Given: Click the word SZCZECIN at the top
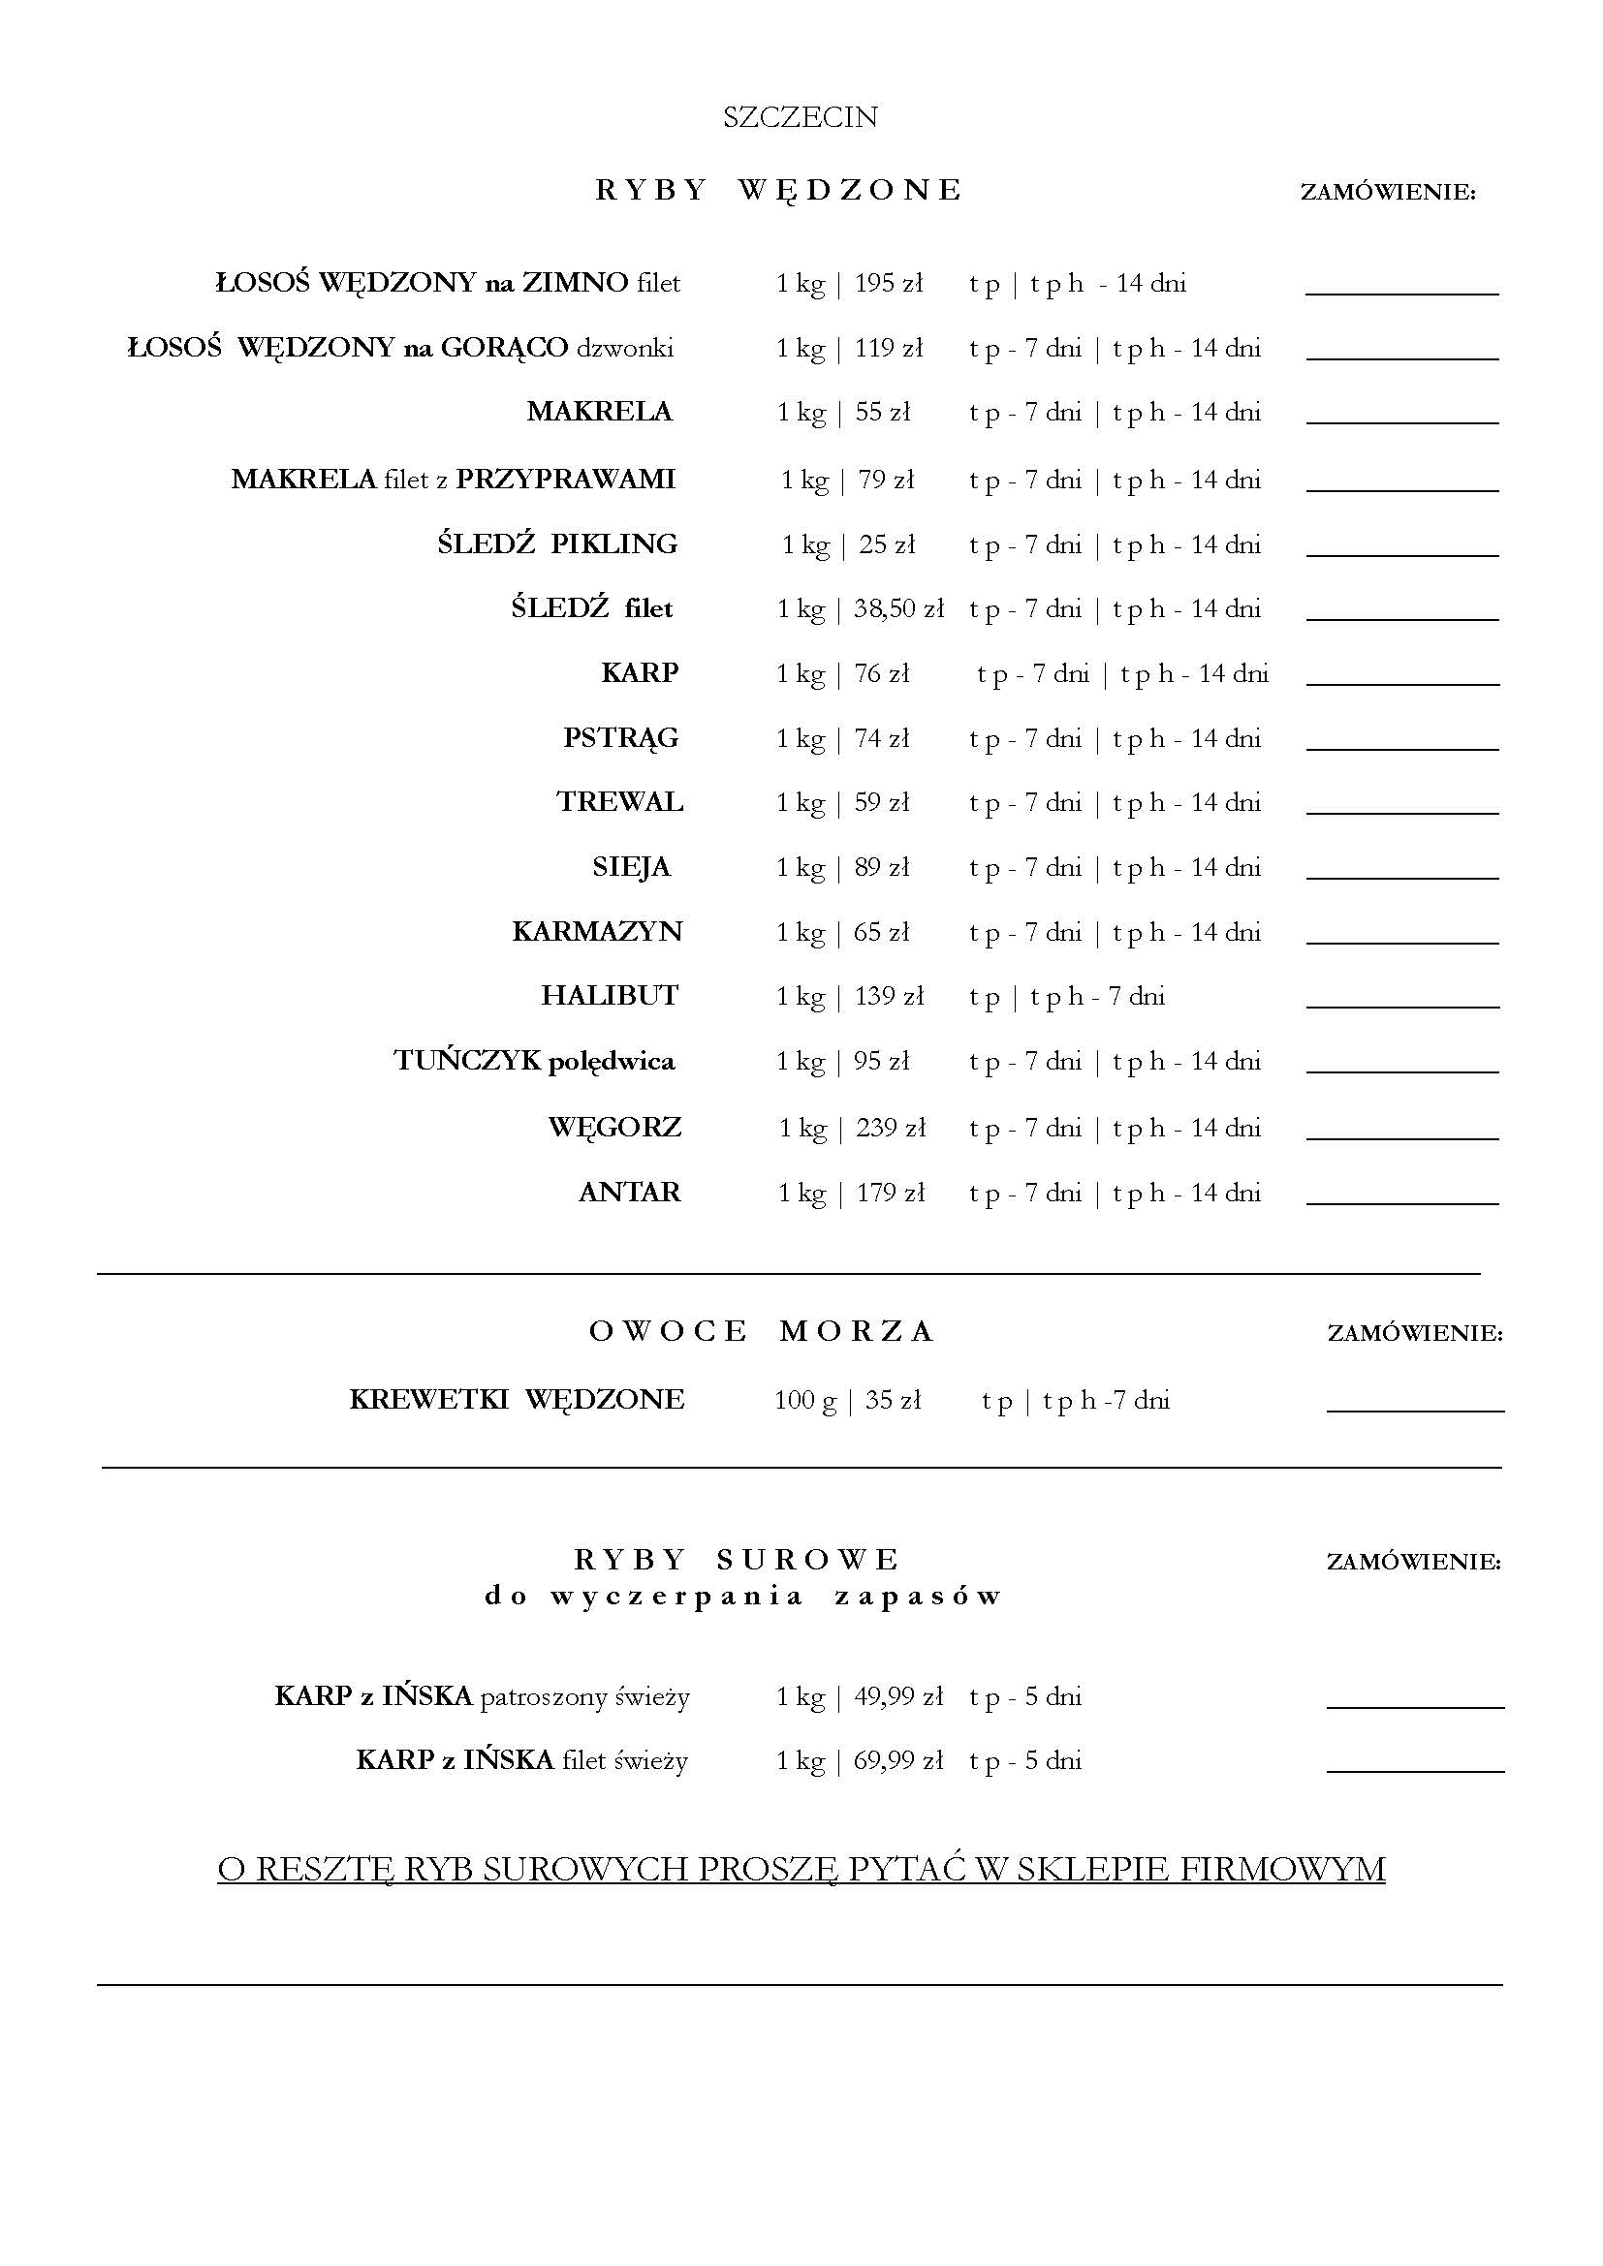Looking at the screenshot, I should point(800,117).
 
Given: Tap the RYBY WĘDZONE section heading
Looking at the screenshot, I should point(778,190).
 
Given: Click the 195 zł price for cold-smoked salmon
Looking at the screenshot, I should point(889,284).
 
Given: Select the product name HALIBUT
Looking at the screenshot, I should point(609,996).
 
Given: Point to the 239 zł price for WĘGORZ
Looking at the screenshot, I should point(891,1128).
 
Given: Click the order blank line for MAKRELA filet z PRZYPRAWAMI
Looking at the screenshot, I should point(1401,488).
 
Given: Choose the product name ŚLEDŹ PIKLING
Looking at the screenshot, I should point(556,544).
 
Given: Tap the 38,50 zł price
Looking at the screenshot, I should point(898,609).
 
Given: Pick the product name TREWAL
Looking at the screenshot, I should point(620,802).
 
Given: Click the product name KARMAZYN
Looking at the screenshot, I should point(597,932).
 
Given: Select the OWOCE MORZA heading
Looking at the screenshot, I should point(761,1331).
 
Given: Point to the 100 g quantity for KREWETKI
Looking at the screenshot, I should point(805,1401).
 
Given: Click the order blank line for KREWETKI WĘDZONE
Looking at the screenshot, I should point(1414,1411).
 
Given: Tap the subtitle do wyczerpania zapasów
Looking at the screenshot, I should point(743,1596).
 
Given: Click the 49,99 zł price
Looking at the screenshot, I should point(898,1696).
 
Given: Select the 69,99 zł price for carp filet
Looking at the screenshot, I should point(898,1760).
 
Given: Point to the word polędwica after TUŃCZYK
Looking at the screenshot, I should point(611,1062).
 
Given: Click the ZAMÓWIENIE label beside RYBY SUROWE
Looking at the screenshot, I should point(1413,1563).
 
